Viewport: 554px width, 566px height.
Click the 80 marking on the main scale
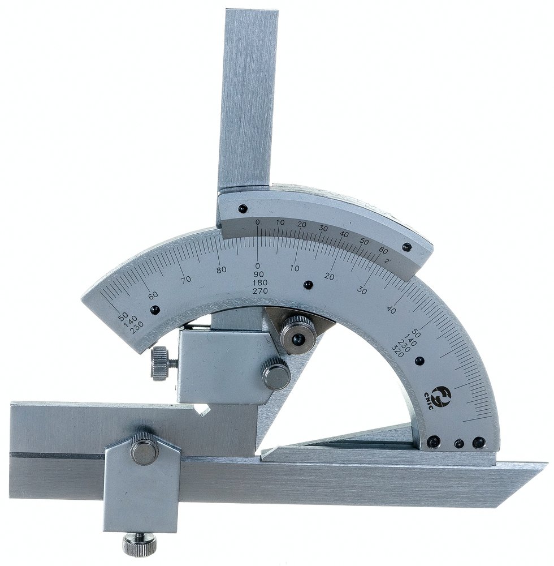[221, 269]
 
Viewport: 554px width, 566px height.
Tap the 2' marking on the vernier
[387, 261]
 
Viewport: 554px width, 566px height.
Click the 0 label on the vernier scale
[257, 222]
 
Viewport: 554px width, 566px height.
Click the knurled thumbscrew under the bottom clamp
[140, 541]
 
